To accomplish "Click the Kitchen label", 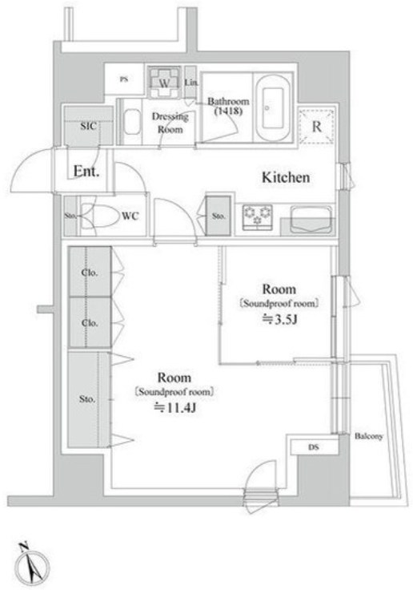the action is coord(286,177).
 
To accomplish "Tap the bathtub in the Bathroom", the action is coord(272,107).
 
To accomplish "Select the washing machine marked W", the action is coord(164,82).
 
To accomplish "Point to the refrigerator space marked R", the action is coord(316,127).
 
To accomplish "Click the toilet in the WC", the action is coord(98,216).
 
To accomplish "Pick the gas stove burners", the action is coord(258,217).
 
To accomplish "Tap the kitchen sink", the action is coord(311,218).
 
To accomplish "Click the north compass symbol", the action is coord(32,564).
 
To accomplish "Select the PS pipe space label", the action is coord(123,79).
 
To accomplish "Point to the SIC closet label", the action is coord(88,126).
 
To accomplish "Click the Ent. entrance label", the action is coord(86,172).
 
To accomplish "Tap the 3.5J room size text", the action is coord(280,320).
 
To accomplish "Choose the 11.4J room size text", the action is coord(176,408).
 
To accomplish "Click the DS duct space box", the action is coord(314,447).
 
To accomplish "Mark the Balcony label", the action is coord(369,436).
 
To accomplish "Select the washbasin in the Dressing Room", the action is coord(131,122).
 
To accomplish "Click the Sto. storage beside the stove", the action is coord(219,216).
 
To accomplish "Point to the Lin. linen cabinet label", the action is coord(191,83).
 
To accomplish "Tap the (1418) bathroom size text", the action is coord(228,111).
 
